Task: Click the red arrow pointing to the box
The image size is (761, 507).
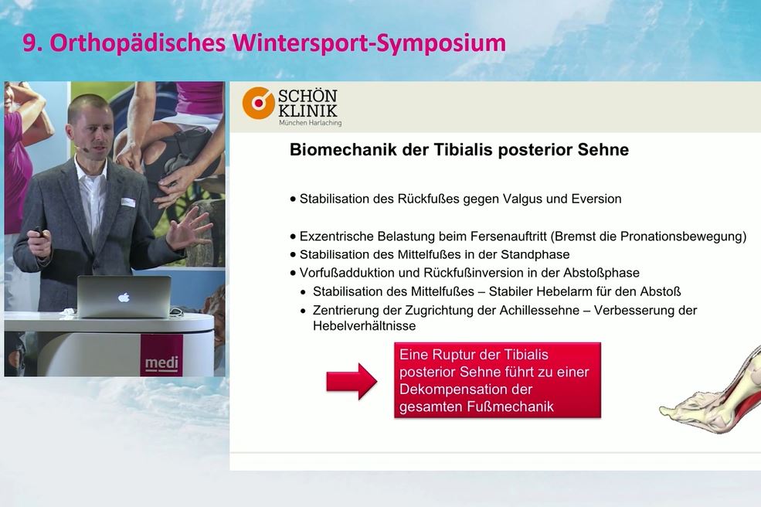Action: pos(351,381)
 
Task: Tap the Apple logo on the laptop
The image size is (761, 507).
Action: pos(124,297)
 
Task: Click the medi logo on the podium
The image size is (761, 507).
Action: pos(161,363)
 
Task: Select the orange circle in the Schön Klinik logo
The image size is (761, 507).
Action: pos(258,103)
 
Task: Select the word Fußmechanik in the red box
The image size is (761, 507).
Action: pos(511,407)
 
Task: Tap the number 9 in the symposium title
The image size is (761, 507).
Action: pos(29,43)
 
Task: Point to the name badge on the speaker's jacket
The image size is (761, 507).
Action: pos(127,202)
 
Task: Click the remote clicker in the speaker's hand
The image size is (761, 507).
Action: pos(38,232)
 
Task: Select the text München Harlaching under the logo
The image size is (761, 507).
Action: pos(310,123)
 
